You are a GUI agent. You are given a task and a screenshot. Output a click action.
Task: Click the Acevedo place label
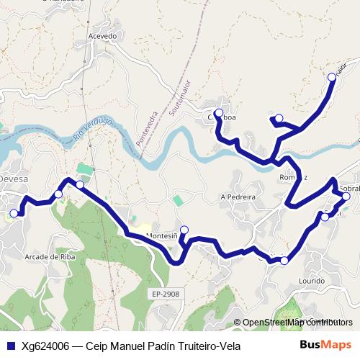[x=102, y=35]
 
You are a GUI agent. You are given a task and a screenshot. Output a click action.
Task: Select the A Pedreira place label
[x=238, y=196]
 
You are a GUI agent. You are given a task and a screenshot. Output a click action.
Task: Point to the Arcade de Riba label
[x=50, y=256]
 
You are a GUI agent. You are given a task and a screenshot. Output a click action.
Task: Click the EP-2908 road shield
[x=165, y=294]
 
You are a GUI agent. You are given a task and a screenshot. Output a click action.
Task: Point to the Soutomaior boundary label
[x=179, y=97]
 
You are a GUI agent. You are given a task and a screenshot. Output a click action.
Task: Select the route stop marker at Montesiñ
[x=184, y=230]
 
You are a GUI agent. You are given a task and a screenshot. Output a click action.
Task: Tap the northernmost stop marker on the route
[x=332, y=76]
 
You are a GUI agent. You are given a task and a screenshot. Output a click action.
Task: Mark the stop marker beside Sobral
[x=346, y=196]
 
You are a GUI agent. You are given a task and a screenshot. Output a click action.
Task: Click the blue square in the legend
[x=12, y=346]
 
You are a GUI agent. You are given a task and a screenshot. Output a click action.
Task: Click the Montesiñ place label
[x=161, y=235]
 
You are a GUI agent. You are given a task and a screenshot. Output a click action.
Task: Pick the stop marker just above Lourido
[x=284, y=261]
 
